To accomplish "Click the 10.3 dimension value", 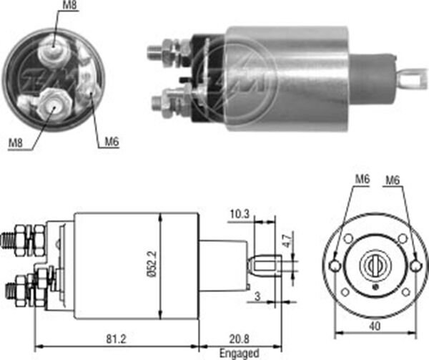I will [240, 213].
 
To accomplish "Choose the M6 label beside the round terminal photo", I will [110, 142].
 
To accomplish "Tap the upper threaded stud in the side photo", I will [155, 52].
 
